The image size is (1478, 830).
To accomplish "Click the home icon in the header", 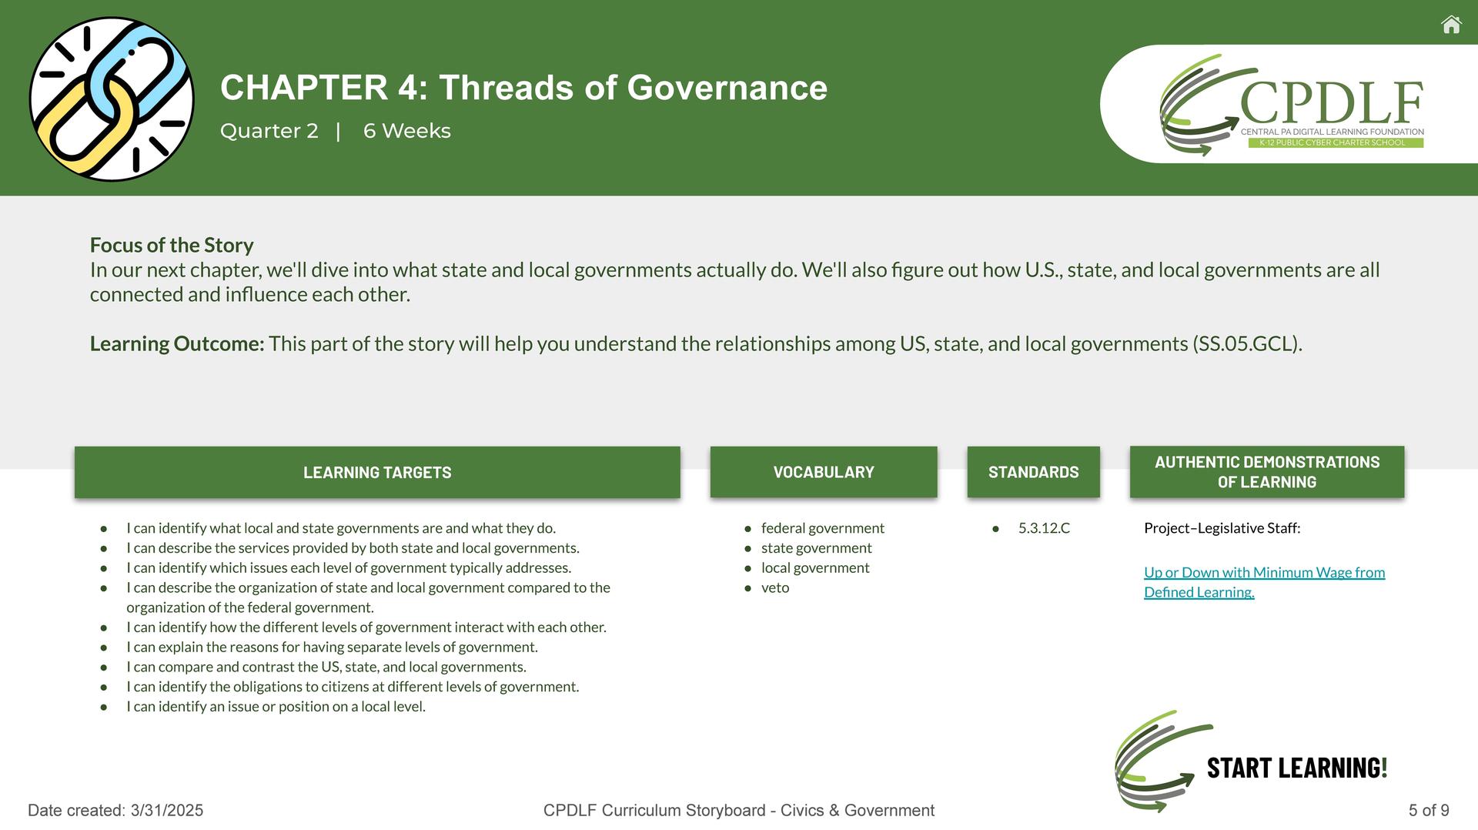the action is [1451, 25].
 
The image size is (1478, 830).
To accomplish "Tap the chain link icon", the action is [112, 99].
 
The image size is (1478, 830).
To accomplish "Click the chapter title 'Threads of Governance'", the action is [633, 88].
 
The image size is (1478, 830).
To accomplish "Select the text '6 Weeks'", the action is [407, 131].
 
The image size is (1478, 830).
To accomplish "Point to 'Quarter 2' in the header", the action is [269, 131].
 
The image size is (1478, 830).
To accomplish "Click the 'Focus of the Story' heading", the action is [172, 245].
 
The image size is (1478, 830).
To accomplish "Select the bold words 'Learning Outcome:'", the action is [177, 343].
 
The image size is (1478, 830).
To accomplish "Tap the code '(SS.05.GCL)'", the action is [1247, 343].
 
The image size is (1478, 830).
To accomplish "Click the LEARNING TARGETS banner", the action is [377, 472].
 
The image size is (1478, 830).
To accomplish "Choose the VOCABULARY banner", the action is [824, 472].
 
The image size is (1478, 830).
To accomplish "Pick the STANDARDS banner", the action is [1034, 472].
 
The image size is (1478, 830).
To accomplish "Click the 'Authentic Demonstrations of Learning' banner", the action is [1267, 472].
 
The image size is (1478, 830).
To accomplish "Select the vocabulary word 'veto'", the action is [775, 587].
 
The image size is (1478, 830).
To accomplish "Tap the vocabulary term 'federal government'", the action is [823, 528].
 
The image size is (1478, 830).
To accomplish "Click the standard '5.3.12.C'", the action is [1044, 528].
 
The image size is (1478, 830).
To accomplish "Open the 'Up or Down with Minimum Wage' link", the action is [1264, 582].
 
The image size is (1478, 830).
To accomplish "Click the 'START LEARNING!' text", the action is [1297, 768].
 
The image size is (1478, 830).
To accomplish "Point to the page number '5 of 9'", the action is [1429, 810].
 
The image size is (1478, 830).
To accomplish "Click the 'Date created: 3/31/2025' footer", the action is [115, 810].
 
